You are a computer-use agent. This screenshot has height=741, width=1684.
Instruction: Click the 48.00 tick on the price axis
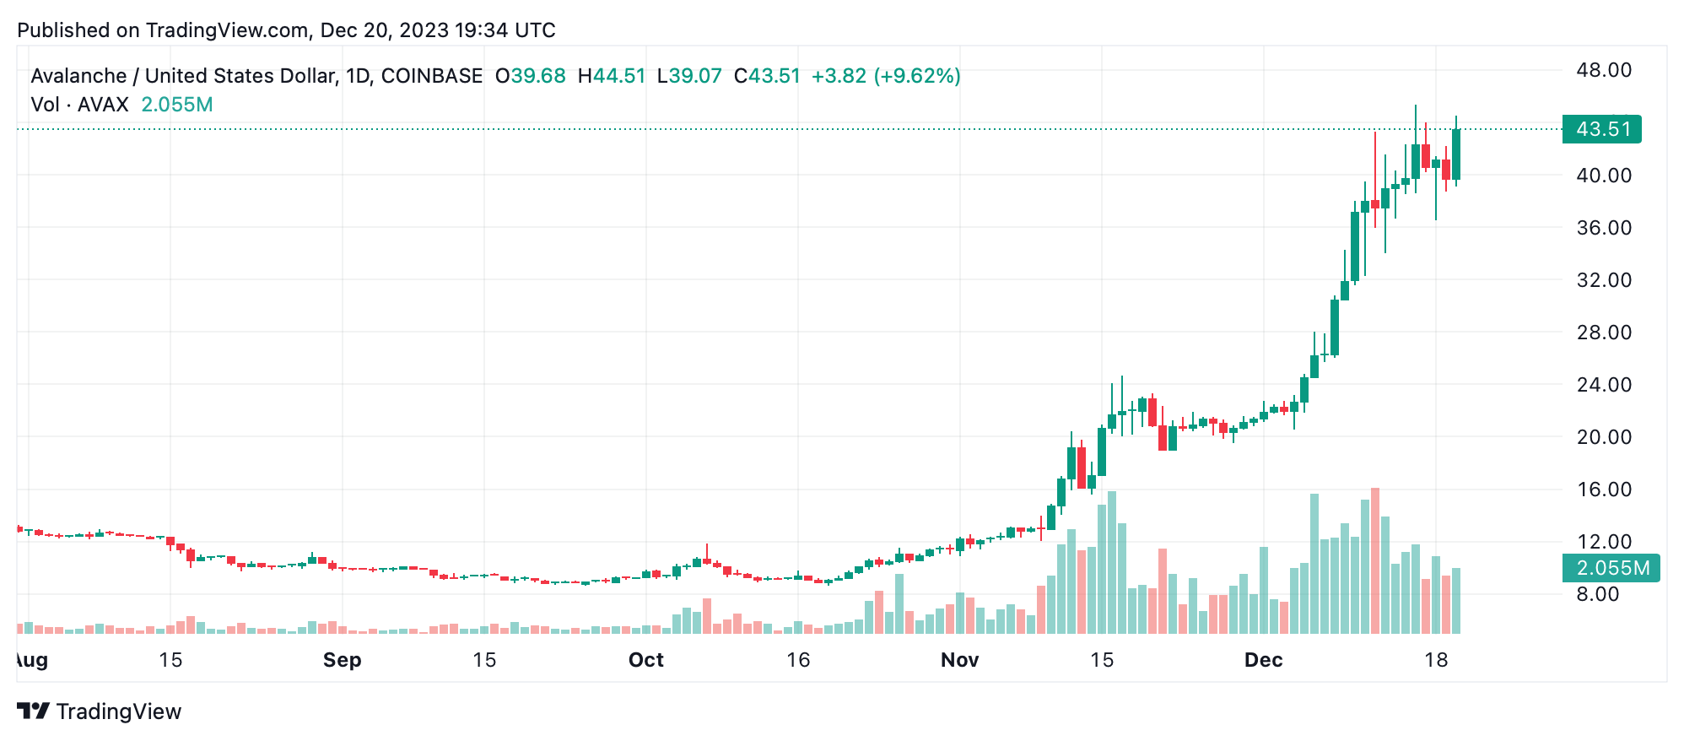pyautogui.click(x=1604, y=70)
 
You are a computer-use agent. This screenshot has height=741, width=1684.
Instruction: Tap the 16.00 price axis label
pyautogui.click(x=1604, y=489)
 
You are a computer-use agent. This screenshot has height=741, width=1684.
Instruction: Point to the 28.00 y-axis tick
pyautogui.click(x=1604, y=333)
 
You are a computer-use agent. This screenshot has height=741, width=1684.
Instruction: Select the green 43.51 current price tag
pyautogui.click(x=1601, y=129)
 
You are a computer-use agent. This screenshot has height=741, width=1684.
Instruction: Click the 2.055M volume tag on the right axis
pyautogui.click(x=1611, y=568)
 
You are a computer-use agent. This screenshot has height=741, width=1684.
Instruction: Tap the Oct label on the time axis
pyautogui.click(x=646, y=660)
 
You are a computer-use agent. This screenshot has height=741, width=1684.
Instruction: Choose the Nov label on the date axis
pyautogui.click(x=960, y=660)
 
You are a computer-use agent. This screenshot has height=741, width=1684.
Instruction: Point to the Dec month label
pyautogui.click(x=1263, y=660)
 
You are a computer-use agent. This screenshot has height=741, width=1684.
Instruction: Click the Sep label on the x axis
pyautogui.click(x=342, y=660)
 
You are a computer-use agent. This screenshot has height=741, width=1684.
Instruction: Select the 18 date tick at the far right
pyautogui.click(x=1436, y=660)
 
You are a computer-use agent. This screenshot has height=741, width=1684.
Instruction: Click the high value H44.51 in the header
pyautogui.click(x=612, y=76)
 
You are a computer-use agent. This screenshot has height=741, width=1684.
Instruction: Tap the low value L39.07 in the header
pyautogui.click(x=689, y=76)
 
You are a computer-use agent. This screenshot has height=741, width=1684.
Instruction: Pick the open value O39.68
pyautogui.click(x=531, y=76)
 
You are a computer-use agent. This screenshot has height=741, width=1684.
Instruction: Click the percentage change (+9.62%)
pyautogui.click(x=917, y=76)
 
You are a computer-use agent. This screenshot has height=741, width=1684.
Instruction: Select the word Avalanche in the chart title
pyautogui.click(x=78, y=76)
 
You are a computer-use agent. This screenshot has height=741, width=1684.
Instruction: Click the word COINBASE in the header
pyautogui.click(x=431, y=76)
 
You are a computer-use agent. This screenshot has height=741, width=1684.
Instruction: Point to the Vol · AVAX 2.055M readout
pyautogui.click(x=121, y=105)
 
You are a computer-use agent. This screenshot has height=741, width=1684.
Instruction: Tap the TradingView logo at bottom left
pyautogui.click(x=99, y=711)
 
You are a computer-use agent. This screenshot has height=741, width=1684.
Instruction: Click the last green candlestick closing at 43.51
pyautogui.click(x=1456, y=154)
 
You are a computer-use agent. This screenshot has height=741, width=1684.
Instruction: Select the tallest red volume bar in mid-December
pyautogui.click(x=1375, y=560)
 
